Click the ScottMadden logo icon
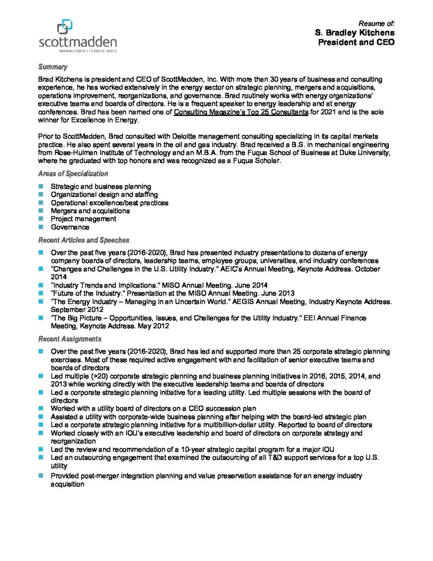65,27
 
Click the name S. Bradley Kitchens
354,33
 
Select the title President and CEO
356,42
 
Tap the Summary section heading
53,67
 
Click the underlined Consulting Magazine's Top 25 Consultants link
241,112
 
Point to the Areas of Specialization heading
73,173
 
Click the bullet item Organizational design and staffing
104,194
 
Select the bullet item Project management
83,219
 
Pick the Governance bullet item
70,227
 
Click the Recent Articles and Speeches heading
84,240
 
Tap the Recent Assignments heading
69,339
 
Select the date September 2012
77,310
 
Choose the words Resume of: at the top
376,23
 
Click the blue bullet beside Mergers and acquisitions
41,211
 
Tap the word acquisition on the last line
67,484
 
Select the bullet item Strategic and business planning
101,186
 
